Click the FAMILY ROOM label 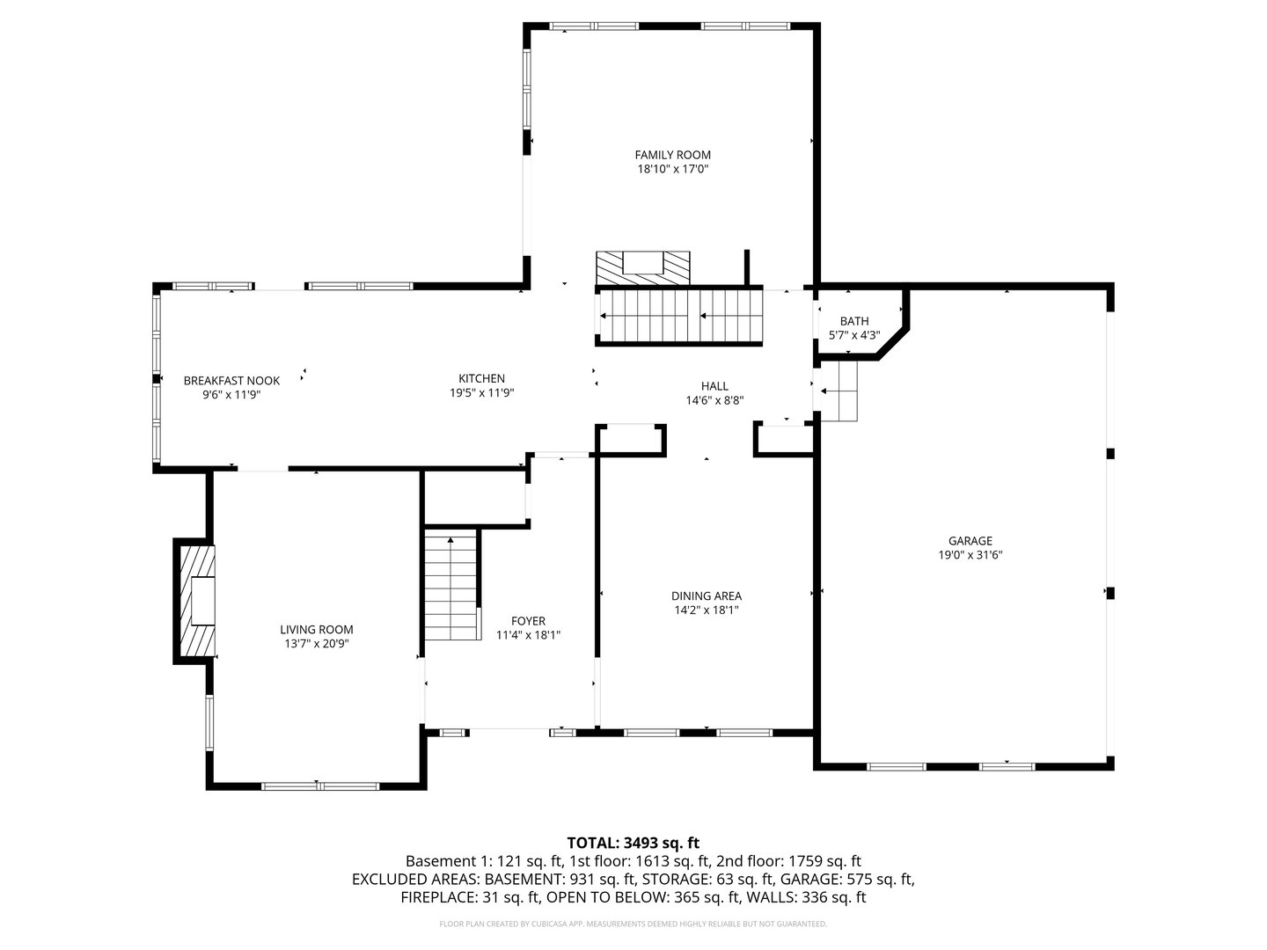pyautogui.click(x=672, y=155)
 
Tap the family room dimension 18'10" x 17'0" pyautogui.click(x=672, y=169)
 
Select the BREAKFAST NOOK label pyautogui.click(x=231, y=381)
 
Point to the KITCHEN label pyautogui.click(x=481, y=379)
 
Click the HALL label pyautogui.click(x=714, y=386)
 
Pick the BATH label pyautogui.click(x=853, y=321)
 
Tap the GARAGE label pyautogui.click(x=970, y=541)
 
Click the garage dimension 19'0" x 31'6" pyautogui.click(x=970, y=555)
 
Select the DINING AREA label pyautogui.click(x=706, y=596)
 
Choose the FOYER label pyautogui.click(x=528, y=620)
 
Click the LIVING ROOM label pyautogui.click(x=317, y=629)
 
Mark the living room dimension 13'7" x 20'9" pyautogui.click(x=317, y=643)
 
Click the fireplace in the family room pyautogui.click(x=642, y=267)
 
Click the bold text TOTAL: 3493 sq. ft pyautogui.click(x=633, y=843)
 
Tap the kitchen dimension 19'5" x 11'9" pyautogui.click(x=481, y=394)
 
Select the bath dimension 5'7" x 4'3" pyautogui.click(x=853, y=335)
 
